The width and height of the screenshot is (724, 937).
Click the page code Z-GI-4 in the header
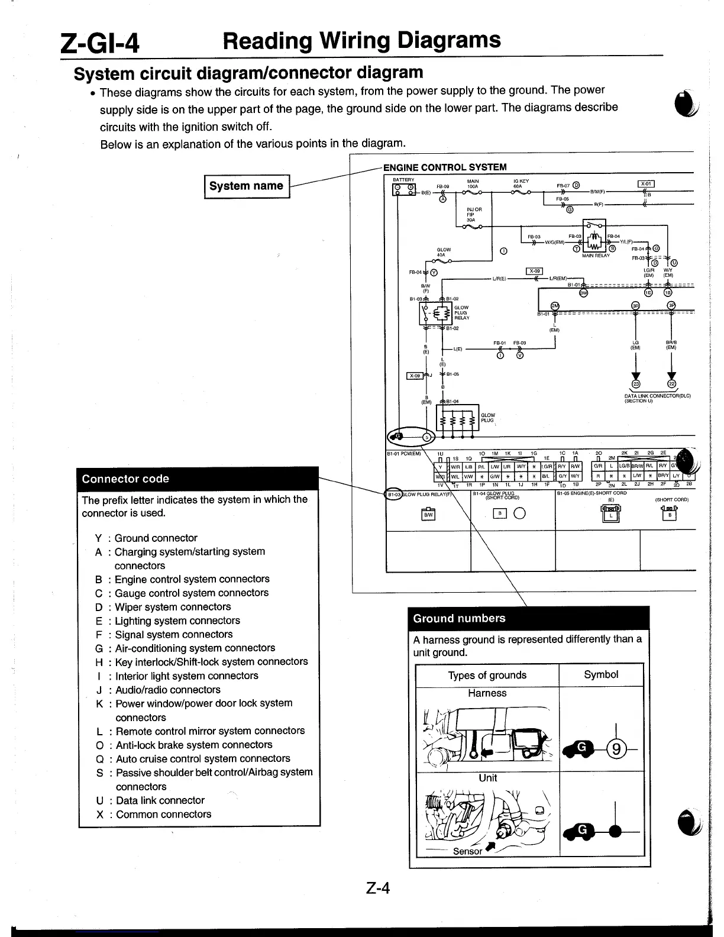click(101, 43)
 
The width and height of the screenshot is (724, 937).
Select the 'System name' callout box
click(246, 186)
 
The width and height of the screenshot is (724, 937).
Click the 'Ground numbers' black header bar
click(528, 618)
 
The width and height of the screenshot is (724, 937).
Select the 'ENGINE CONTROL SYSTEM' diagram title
click(444, 167)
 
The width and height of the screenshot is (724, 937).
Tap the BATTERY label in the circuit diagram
click(403, 179)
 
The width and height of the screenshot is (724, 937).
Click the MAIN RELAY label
click(595, 256)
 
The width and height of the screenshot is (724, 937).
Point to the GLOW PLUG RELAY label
click(461, 312)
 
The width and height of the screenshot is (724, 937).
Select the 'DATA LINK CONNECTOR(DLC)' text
click(657, 396)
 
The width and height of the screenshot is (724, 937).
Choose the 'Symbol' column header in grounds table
click(601, 674)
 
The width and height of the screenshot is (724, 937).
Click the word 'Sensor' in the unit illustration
click(467, 851)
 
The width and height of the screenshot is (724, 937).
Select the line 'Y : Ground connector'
click(146, 538)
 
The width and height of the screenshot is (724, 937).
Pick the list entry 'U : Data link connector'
click(150, 800)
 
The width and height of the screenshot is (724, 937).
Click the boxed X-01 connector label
click(645, 183)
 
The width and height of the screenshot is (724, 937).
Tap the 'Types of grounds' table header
click(487, 675)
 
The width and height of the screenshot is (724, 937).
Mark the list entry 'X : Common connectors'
click(153, 814)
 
